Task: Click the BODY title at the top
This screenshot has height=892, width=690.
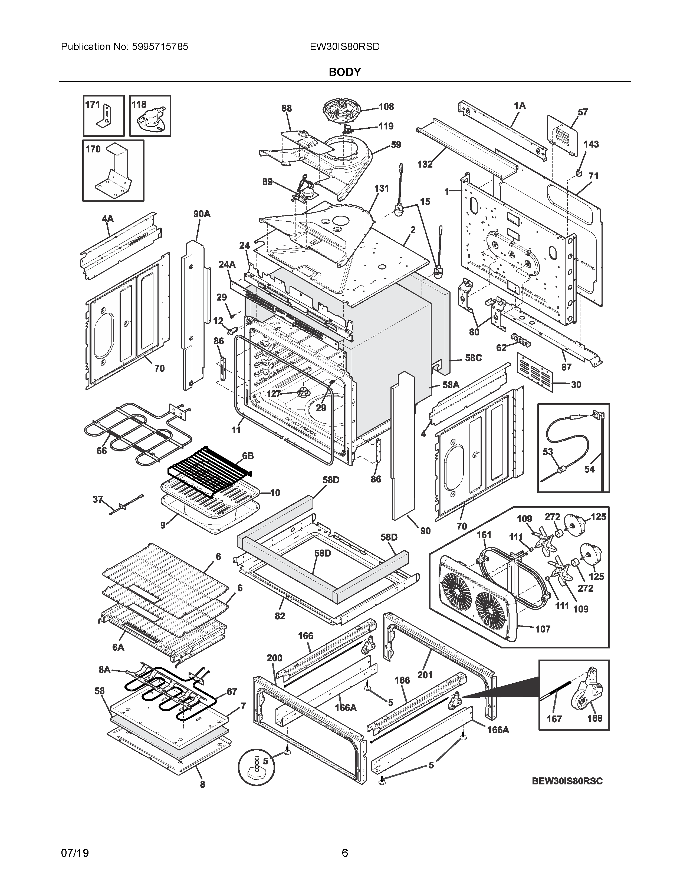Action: click(x=344, y=72)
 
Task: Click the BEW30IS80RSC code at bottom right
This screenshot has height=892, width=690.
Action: click(x=567, y=781)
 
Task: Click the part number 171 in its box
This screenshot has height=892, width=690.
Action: click(x=92, y=105)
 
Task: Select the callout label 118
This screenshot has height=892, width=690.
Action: click(x=139, y=105)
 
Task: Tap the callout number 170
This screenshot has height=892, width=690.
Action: click(x=93, y=149)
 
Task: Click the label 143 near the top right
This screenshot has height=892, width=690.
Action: click(x=591, y=144)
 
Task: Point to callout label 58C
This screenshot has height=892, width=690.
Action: click(x=473, y=358)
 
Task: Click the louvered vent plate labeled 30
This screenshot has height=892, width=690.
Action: click(x=535, y=372)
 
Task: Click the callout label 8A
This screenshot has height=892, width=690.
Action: click(x=105, y=670)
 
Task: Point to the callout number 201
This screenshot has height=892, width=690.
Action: click(x=425, y=675)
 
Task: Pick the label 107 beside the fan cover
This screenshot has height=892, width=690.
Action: click(x=543, y=629)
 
